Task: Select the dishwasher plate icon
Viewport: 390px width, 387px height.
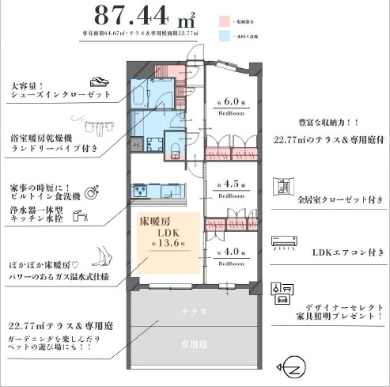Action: (x=92, y=191)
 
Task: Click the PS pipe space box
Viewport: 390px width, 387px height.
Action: (x=136, y=145)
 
